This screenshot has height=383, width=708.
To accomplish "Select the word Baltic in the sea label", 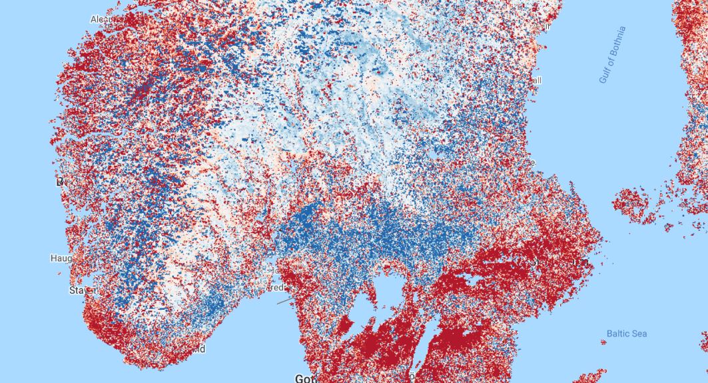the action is click(617, 334).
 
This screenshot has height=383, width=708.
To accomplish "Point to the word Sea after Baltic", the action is click(639, 334).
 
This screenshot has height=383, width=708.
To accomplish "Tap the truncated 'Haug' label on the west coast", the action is click(61, 258).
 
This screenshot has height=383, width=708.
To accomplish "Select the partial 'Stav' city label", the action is click(80, 290).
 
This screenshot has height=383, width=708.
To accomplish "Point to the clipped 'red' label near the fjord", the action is click(278, 288).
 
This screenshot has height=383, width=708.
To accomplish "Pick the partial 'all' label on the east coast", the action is click(535, 81).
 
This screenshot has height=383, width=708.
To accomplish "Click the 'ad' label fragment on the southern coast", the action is click(200, 349).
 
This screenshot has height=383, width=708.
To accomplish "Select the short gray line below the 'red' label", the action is click(284, 301).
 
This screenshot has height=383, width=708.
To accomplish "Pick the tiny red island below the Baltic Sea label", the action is click(603, 342).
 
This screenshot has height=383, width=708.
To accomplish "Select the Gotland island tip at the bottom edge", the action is click(589, 376).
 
